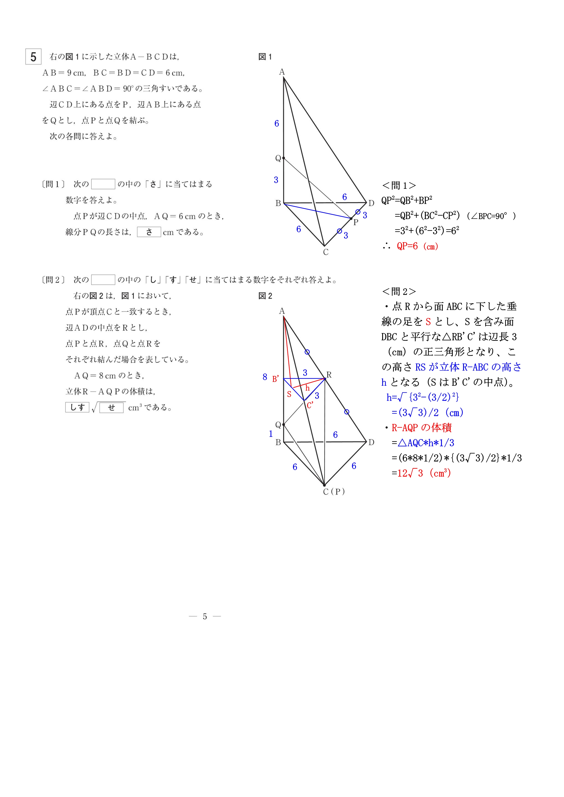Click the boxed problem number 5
point(33,57)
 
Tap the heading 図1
point(265,57)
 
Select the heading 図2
point(265,296)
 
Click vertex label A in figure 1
point(282,72)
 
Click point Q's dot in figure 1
point(284,158)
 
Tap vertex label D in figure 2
point(371,442)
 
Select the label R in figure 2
point(329,375)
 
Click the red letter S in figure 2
point(289,394)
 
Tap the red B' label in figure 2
point(275,379)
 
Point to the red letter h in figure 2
point(307,388)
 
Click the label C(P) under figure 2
point(334,491)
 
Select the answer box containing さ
point(149,232)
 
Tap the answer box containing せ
point(111,408)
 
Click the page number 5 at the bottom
point(205,617)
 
